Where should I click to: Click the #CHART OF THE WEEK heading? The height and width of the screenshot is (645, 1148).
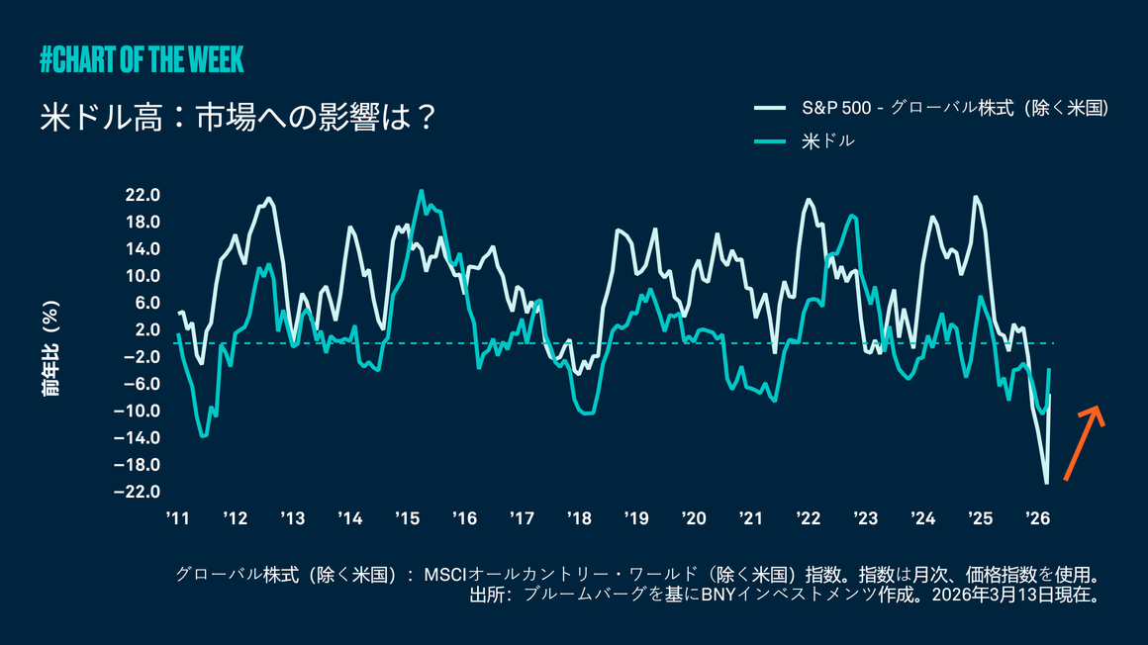[x=142, y=59]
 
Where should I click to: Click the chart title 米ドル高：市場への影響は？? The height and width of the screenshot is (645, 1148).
[x=239, y=117]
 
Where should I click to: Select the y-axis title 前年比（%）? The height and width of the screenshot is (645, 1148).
[x=50, y=349]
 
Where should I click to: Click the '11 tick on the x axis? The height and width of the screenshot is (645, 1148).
[x=177, y=518]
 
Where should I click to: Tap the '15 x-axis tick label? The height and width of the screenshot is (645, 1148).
[x=407, y=518]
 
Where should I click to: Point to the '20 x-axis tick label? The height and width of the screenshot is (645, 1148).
[x=694, y=518]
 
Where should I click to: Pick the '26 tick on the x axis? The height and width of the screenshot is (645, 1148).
[x=1038, y=518]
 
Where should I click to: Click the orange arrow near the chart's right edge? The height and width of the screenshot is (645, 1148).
[x=1084, y=442]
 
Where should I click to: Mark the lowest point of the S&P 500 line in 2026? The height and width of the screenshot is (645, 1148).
[x=1046, y=483]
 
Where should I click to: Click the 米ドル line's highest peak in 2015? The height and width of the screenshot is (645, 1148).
[x=421, y=191]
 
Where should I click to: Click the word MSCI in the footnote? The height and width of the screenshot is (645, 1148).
[x=444, y=575]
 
